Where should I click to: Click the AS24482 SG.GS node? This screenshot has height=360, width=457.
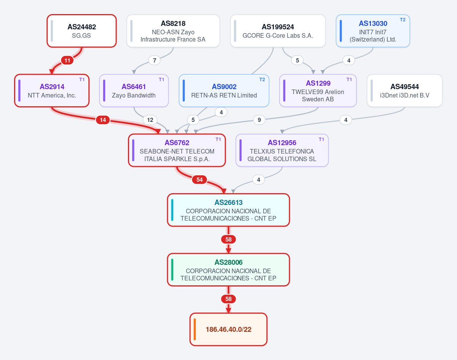(81, 31)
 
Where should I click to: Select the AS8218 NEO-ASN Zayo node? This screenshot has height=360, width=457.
(173, 31)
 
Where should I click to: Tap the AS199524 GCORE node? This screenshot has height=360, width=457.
(278, 31)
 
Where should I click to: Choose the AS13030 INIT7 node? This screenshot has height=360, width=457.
(373, 31)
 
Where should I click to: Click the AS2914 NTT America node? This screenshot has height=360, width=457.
(52, 91)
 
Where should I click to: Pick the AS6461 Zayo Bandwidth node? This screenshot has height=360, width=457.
(134, 91)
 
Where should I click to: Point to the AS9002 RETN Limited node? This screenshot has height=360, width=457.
(224, 91)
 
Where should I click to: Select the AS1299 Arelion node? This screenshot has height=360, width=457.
(318, 91)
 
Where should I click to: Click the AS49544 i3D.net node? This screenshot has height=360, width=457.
(404, 91)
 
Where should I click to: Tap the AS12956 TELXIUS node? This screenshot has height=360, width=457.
(282, 150)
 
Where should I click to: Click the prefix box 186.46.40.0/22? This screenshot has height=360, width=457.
(228, 329)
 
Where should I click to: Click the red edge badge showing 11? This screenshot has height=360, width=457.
(67, 60)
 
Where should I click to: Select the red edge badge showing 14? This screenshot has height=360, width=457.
(103, 120)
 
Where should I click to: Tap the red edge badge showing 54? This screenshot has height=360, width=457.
(200, 179)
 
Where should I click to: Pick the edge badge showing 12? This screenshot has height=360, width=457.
(150, 120)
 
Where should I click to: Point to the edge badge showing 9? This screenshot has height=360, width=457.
(259, 120)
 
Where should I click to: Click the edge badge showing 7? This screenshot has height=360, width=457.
(155, 60)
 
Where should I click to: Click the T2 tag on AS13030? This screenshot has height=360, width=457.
(403, 20)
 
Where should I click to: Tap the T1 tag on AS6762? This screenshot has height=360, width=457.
(218, 139)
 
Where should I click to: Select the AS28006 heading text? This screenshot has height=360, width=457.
(228, 262)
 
